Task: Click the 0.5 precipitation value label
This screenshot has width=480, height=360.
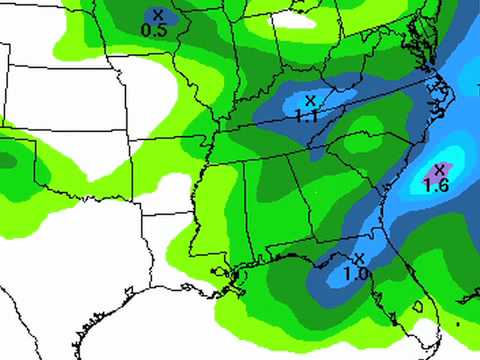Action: (153, 31)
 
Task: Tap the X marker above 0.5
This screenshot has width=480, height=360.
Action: (157, 15)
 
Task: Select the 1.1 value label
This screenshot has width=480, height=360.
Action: (306, 115)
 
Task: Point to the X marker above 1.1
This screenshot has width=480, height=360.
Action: (310, 100)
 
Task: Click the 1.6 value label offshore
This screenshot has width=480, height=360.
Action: (436, 185)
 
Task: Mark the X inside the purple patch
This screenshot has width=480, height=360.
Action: (438, 169)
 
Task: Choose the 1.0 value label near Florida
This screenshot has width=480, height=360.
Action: (354, 273)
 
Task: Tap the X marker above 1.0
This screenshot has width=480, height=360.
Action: (357, 258)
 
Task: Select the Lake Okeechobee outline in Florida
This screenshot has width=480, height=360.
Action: (417, 305)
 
